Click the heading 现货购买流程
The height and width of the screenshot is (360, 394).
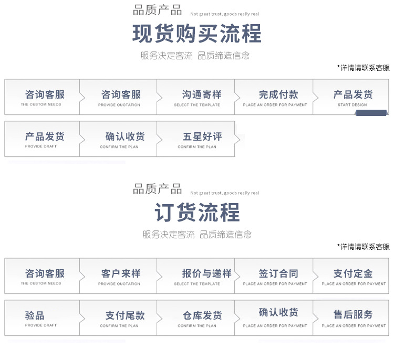(x=197, y=34)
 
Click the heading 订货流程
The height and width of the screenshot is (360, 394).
(x=197, y=213)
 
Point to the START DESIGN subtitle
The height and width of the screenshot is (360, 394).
(x=352, y=104)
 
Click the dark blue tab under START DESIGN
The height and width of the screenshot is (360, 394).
(x=371, y=113)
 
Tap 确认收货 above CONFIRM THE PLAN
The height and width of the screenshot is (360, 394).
(x=125, y=136)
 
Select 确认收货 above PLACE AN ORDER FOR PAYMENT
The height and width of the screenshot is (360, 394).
(x=278, y=312)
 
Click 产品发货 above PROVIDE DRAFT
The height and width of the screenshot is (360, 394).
(x=45, y=136)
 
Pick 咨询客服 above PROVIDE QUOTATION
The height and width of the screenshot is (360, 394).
(x=121, y=94)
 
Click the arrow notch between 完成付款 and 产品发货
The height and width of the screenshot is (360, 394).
(x=316, y=97)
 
